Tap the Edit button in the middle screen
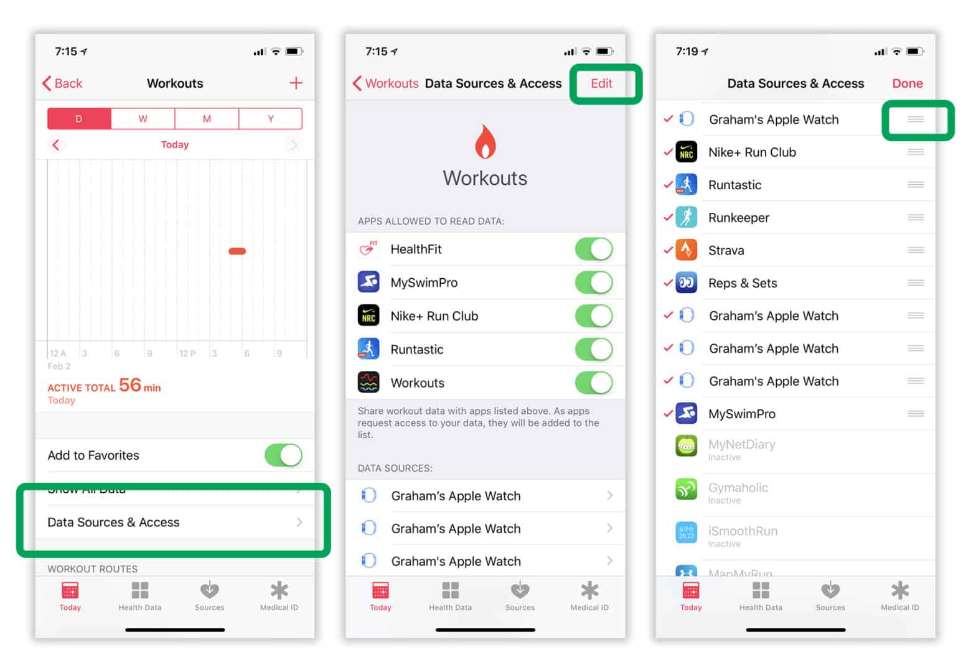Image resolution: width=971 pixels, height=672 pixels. pos(601,83)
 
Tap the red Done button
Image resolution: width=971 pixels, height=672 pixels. pos(907,83)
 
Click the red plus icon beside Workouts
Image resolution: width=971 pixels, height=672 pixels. pos(296,83)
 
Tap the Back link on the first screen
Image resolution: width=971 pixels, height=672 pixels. pos(62,83)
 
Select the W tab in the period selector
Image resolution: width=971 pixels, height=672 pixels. pos(143,118)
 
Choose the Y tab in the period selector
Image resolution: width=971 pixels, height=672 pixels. pos(270,118)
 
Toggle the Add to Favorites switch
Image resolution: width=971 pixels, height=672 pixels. pos(283,455)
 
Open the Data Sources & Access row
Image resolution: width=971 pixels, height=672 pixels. pos(174,522)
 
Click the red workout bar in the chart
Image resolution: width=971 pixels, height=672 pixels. pos(237,251)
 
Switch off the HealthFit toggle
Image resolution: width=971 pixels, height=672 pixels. pos(593,249)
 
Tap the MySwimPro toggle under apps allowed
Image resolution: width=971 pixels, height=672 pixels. pos(593,282)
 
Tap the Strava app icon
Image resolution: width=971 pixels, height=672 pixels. pos(686,250)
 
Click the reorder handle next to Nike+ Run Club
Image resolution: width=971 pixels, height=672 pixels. pos(915,152)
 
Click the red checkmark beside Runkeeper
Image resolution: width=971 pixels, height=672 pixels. pos(668,217)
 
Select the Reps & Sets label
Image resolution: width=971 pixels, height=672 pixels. pos(743,283)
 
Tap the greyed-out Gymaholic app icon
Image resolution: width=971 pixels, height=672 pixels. pos(686,489)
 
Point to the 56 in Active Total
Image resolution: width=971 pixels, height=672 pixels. pos(130,385)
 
